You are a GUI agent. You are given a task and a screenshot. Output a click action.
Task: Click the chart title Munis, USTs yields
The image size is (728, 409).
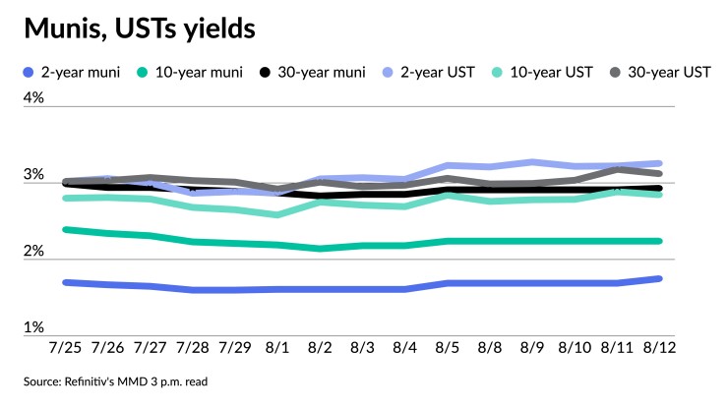coord(140,30)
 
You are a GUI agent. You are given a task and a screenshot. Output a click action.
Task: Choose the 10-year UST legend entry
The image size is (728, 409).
coord(535,72)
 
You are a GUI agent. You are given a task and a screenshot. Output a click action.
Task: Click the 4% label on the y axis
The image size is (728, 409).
coord(34,97)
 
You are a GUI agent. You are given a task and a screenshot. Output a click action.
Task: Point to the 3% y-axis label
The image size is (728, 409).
coord(34,175)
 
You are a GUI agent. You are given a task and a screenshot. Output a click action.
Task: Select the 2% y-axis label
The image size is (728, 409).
coord(34,252)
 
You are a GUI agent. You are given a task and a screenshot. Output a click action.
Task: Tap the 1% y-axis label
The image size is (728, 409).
coord(34,327)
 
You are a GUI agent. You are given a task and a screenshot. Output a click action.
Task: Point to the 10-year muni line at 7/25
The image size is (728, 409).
coord(65,229)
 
